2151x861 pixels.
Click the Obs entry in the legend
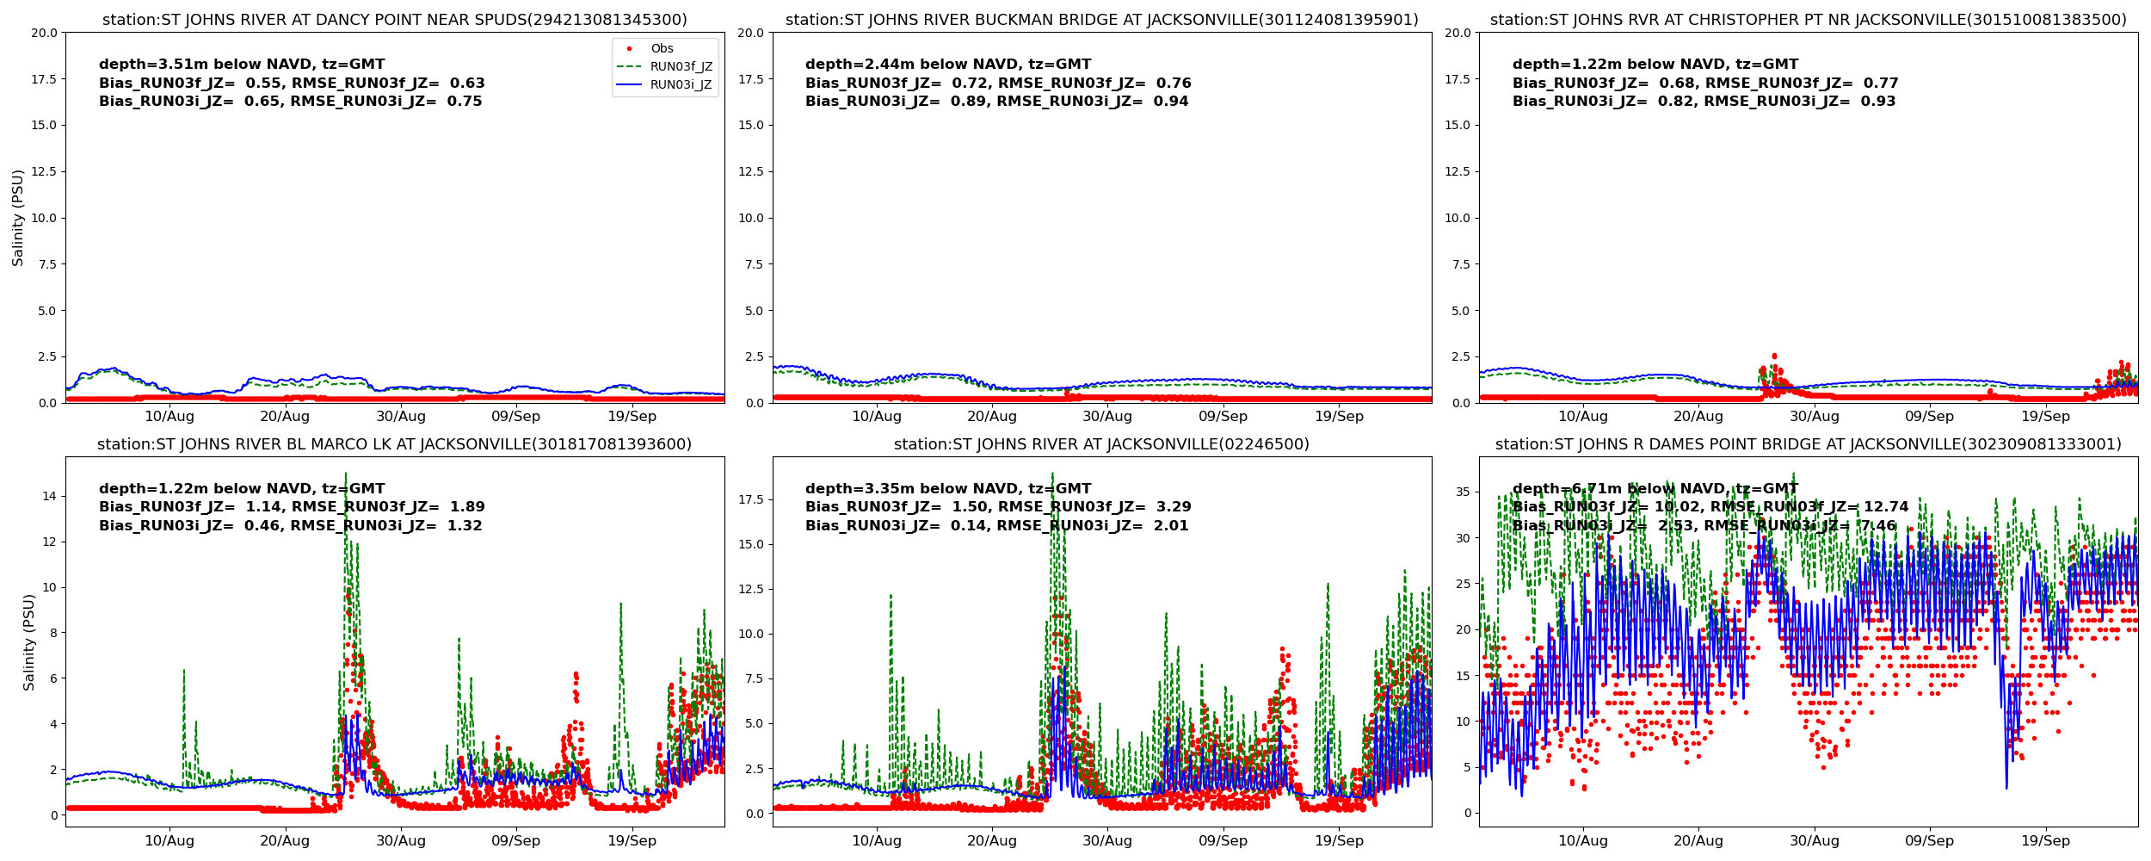coord(662,49)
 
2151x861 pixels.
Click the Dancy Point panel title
coord(395,20)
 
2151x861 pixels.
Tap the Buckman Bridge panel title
coord(1101,20)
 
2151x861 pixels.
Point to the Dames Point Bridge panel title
coord(1808,444)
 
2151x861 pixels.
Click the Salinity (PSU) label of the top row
coord(18,218)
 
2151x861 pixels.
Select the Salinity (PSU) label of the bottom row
coord(29,642)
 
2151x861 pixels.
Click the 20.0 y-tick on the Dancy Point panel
coord(44,33)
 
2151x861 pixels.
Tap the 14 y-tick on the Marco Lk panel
coord(48,496)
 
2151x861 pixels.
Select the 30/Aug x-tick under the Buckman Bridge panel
coord(1107,417)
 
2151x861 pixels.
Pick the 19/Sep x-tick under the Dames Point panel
coord(2045,841)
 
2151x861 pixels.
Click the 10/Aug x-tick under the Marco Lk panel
coord(169,841)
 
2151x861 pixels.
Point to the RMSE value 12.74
coord(1885,507)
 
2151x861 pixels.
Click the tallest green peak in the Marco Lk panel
coord(346,474)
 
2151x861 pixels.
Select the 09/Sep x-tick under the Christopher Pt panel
coord(1929,417)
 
